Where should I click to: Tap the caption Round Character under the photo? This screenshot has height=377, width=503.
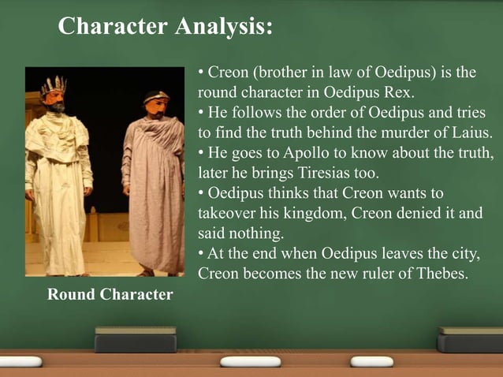[x=110, y=295]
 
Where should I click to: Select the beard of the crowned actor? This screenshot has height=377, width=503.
[x=56, y=106]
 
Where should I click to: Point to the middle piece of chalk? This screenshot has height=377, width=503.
[x=250, y=362]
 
